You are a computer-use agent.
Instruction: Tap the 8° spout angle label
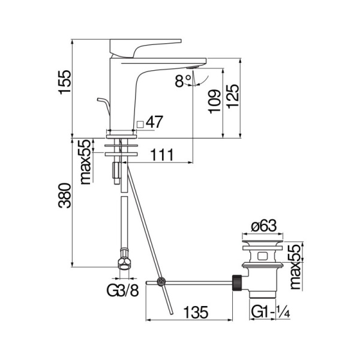click(182, 80)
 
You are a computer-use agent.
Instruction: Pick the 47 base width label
click(154, 122)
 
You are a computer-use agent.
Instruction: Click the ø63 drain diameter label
click(262, 226)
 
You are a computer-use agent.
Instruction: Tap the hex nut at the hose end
click(122, 263)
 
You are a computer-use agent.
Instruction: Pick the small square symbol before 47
click(140, 124)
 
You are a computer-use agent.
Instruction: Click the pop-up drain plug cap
click(262, 245)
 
